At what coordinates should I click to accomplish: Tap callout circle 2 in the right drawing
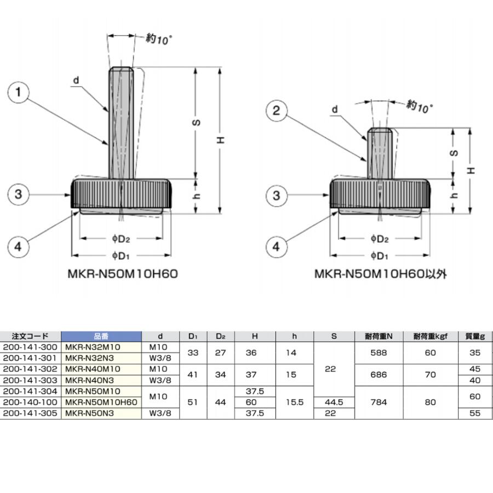[x=276, y=111]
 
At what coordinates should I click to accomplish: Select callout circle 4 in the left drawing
[x=18, y=247]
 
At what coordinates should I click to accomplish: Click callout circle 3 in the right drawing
[x=276, y=196]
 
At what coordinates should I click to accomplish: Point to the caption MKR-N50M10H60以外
[x=380, y=273]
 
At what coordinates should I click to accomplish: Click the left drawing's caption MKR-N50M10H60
[x=123, y=273]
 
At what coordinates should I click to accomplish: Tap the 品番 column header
[x=101, y=336]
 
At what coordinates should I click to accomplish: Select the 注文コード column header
[x=30, y=336]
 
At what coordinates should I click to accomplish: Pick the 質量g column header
[x=474, y=336]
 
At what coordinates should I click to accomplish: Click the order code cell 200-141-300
[x=30, y=347]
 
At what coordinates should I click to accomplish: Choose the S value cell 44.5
[x=334, y=402]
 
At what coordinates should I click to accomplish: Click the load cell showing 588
[x=379, y=353]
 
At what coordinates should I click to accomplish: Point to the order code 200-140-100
[x=30, y=402]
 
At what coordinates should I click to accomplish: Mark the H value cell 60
[x=255, y=402]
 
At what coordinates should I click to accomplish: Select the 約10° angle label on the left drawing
[x=159, y=39]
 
